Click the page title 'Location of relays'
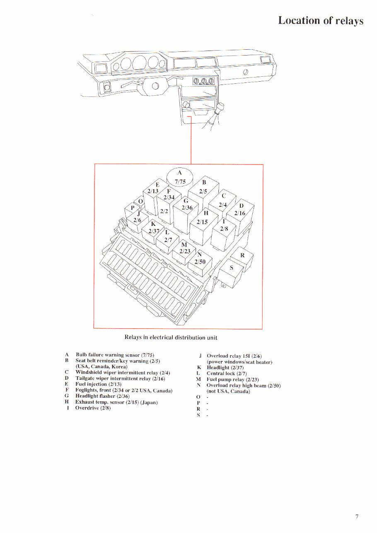(320, 21)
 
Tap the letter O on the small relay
(140, 201)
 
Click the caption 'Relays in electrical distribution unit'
(171, 337)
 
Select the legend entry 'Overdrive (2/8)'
(93, 408)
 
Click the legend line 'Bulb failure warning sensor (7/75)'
(115, 355)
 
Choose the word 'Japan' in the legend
(151, 402)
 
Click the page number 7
(357, 516)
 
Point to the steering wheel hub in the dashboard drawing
(155, 86)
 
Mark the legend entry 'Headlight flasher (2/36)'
(102, 396)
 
